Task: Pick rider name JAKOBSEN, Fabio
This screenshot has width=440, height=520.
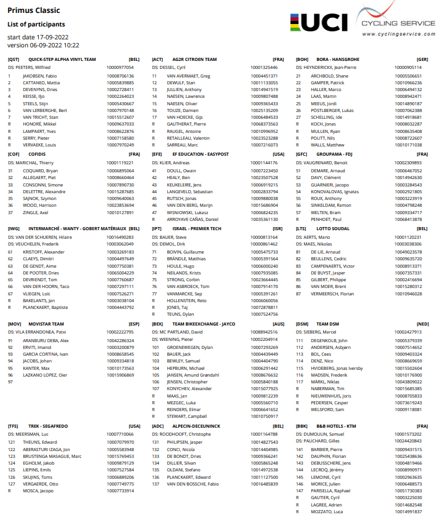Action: (40, 75)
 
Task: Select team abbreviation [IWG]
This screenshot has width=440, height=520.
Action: (14, 228)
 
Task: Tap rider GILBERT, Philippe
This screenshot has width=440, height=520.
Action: (329, 279)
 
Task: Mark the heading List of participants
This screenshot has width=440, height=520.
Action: (36, 24)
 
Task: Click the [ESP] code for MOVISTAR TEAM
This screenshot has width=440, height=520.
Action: (134, 323)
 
